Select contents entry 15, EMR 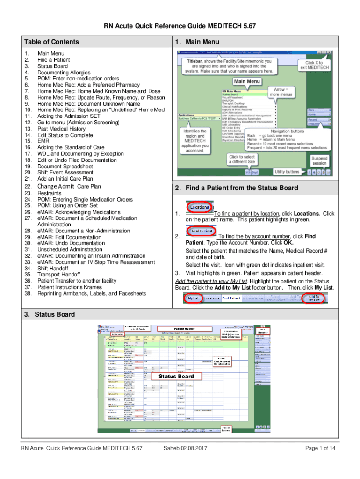tap(43, 141)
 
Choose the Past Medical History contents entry tap(61, 129)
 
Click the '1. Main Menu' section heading tap(197, 42)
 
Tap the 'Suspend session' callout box tap(319, 161)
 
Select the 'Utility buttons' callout tap(287, 172)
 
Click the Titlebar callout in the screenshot tap(230, 66)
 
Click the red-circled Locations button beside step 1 tap(200, 206)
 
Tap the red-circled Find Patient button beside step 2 tap(202, 231)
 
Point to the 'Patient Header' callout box tap(184, 329)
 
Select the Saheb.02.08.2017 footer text tap(185, 449)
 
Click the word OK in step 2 tap(288, 243)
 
